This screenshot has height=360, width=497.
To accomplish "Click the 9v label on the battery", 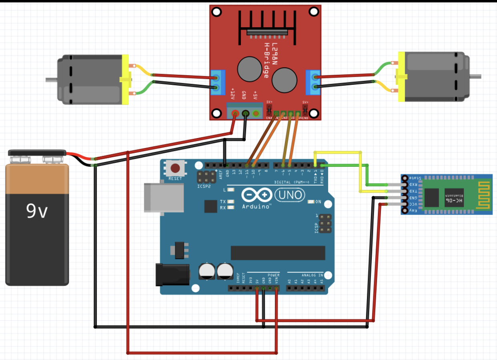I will [x=37, y=210].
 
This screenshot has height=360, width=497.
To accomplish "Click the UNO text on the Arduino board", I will [x=289, y=195].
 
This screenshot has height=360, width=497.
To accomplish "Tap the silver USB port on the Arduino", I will [x=164, y=198].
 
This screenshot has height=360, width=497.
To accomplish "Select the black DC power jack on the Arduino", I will [x=172, y=274].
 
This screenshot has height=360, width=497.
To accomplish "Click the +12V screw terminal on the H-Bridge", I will [x=235, y=114].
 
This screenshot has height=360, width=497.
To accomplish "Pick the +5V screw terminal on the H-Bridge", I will [x=256, y=114].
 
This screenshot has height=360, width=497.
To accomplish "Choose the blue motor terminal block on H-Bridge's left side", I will [x=218, y=82].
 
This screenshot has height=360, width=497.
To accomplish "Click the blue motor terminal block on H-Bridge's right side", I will [x=313, y=82].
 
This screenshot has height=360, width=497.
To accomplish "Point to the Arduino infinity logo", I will [x=257, y=195].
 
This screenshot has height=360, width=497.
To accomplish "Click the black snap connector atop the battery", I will [x=37, y=152].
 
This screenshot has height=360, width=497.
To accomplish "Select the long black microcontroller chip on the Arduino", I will [x=278, y=253].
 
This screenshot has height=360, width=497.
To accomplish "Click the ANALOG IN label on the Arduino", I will [x=312, y=275].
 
